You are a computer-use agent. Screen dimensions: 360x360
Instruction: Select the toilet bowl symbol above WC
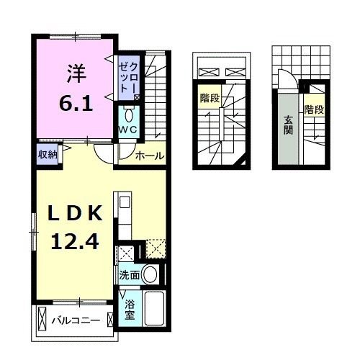(x=129, y=114)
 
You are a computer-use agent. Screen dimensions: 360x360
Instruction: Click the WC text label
(x=128, y=130)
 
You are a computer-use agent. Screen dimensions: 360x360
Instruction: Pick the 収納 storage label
(x=48, y=153)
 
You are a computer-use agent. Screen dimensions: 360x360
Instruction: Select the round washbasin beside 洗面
(x=151, y=274)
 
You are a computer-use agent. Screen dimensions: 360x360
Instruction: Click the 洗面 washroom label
(x=130, y=275)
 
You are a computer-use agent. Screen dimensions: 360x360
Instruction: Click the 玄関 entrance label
(x=288, y=127)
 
